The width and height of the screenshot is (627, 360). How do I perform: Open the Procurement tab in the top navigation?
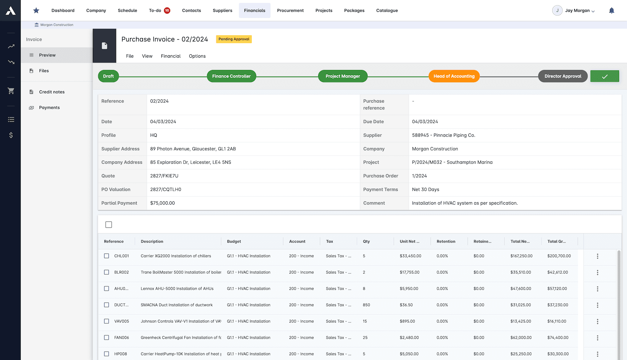tap(290, 11)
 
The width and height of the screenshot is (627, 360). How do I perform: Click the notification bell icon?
tap(611, 11)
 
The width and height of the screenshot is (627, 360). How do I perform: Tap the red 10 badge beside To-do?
tap(167, 11)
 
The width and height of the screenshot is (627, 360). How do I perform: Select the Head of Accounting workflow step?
tap(454, 76)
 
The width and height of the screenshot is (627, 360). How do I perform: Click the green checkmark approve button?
tap(605, 76)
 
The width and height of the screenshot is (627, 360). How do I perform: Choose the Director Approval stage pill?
tap(562, 76)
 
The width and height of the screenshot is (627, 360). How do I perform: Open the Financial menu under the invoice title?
tap(171, 56)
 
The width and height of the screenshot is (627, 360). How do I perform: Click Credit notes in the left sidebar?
tap(52, 92)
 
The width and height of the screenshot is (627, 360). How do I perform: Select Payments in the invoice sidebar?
tap(49, 108)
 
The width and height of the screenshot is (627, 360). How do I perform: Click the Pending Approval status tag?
tap(234, 39)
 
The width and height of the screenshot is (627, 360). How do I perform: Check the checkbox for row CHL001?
tap(107, 256)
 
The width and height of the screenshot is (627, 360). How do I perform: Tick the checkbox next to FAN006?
tap(107, 337)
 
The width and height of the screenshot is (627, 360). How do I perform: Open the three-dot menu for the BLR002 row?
tap(597, 273)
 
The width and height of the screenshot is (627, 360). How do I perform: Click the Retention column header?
tap(446, 241)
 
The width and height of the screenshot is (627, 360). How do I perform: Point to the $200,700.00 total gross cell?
tap(559, 256)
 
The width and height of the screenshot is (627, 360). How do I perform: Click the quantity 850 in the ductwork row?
tap(366, 305)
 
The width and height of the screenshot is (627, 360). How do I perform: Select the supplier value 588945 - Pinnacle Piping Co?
tap(443, 135)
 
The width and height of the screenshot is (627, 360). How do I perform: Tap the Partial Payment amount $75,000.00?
tap(163, 203)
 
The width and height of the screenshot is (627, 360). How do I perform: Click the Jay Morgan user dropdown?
tap(579, 11)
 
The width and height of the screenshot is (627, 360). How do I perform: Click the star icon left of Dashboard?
tap(36, 11)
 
